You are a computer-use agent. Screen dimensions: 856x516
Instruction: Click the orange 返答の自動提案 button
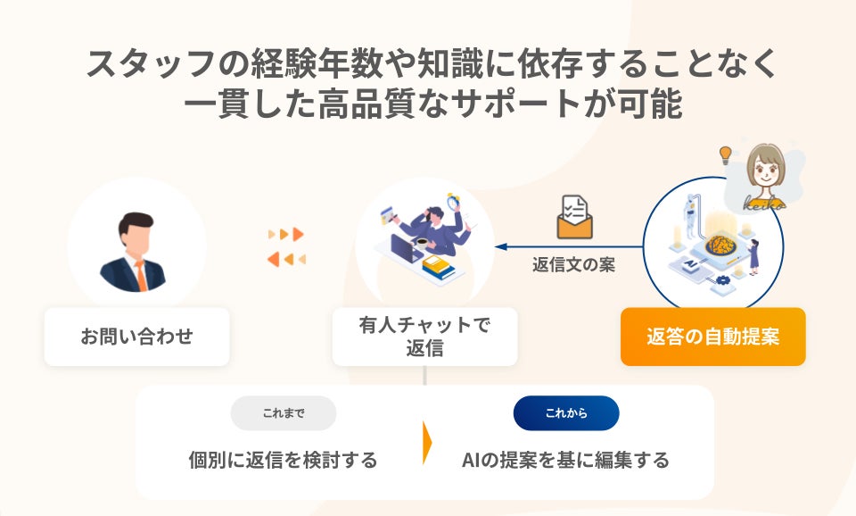point(712,337)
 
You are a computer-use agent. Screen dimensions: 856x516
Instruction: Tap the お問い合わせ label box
point(136,337)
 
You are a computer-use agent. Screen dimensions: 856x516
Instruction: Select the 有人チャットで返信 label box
point(424,337)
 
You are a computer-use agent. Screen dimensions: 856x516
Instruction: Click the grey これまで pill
point(284,413)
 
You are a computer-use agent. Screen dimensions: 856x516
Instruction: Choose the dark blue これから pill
point(566,413)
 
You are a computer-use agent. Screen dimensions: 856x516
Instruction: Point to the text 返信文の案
point(573,265)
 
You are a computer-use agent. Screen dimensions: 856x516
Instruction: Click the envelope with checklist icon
point(574,217)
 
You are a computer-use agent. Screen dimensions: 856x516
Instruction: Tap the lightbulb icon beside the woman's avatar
point(726,155)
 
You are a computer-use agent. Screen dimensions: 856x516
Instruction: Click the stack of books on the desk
point(437,265)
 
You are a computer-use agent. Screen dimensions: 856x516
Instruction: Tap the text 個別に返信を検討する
point(283,461)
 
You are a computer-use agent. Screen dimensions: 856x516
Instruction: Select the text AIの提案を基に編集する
point(565,461)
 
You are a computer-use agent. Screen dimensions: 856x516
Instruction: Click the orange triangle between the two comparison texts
point(427,442)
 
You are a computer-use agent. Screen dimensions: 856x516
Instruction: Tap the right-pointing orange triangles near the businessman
point(287,234)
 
